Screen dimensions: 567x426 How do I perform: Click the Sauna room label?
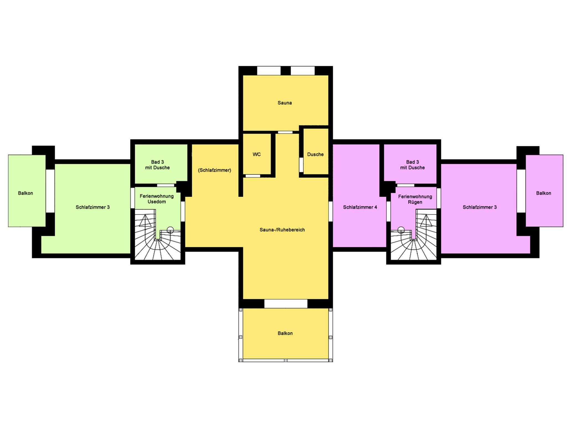(285, 103)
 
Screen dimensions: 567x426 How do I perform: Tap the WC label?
(257, 154)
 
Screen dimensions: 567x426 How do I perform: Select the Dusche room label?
(315, 154)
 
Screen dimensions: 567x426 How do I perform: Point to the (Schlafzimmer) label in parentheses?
(215, 170)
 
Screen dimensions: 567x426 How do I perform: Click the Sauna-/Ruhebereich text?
(282, 230)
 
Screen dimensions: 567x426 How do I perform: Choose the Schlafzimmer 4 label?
(360, 207)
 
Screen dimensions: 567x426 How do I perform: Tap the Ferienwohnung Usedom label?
(157, 199)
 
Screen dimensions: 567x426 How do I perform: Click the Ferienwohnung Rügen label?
(415, 199)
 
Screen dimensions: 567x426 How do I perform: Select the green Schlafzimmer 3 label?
(93, 207)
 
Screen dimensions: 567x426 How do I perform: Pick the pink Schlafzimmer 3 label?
(480, 207)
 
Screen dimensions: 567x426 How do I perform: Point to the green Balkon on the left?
(27, 191)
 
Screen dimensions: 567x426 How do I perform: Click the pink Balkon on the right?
(544, 191)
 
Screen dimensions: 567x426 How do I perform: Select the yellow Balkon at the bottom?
(285, 333)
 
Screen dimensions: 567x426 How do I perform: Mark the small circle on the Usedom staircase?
(170, 230)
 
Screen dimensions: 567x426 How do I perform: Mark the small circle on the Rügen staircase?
(401, 230)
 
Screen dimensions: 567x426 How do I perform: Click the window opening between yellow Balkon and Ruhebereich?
(286, 304)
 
